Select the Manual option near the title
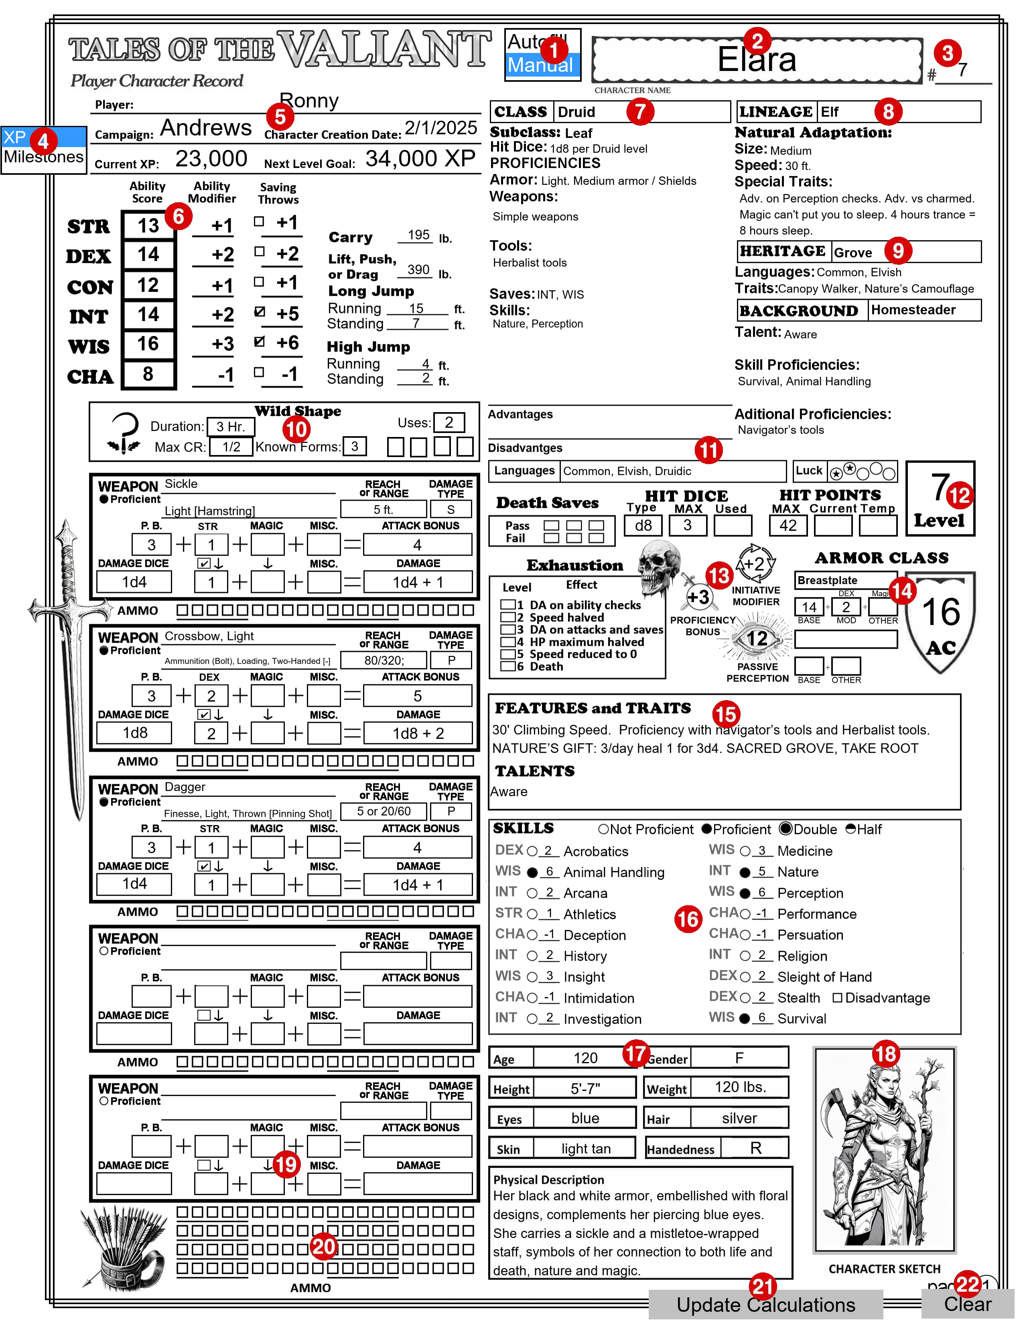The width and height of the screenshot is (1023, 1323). click(x=541, y=65)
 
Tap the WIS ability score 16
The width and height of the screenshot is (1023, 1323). click(x=148, y=344)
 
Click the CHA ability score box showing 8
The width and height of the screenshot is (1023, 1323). click(x=148, y=374)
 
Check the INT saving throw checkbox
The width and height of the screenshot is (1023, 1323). click(x=260, y=312)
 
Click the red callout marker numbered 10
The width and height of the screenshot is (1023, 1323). click(x=296, y=429)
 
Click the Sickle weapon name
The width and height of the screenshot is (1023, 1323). click(x=181, y=484)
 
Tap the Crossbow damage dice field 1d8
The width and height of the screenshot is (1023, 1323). click(x=134, y=733)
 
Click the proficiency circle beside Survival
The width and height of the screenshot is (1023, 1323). click(x=745, y=1019)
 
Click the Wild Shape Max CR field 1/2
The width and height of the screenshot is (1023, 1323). click(x=231, y=447)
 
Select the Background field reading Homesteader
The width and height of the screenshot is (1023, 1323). click(x=924, y=310)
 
